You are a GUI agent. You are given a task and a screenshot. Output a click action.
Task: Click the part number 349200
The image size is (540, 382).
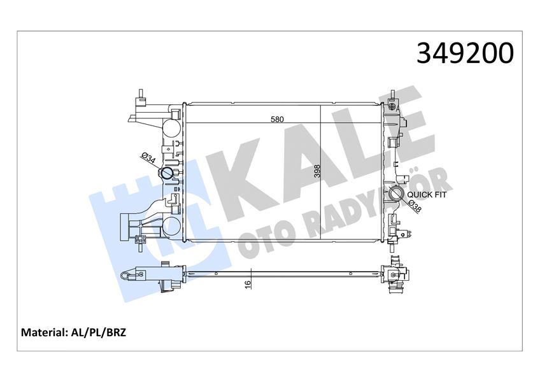point(465,53)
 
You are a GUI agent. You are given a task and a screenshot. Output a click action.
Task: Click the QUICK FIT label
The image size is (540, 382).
point(427,195)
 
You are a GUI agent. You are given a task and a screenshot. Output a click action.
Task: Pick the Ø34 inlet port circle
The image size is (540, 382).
point(168,174)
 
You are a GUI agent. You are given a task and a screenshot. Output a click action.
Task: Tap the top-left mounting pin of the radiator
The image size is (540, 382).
point(138,97)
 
